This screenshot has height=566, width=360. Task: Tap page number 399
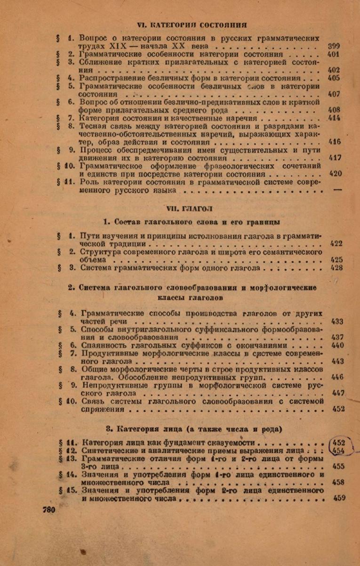pos(334,46)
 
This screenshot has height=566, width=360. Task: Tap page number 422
pos(336,243)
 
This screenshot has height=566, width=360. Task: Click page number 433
pos(337,321)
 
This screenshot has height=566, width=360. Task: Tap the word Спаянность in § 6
pos(104,345)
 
